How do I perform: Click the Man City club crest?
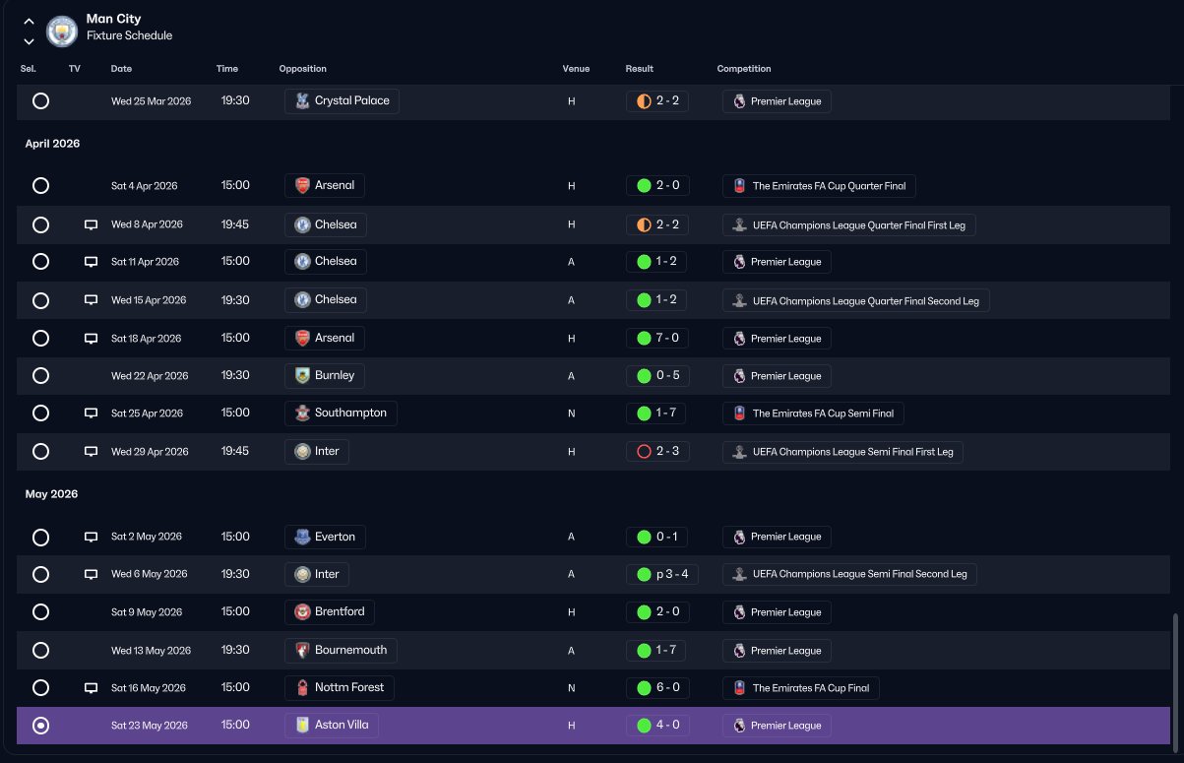coord(62,31)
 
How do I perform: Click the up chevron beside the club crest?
coord(30,22)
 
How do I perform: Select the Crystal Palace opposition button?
coord(342,101)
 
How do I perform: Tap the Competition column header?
coord(744,69)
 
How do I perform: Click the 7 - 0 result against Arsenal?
coord(657,338)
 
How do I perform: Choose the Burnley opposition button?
coord(325,375)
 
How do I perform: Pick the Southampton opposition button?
coord(341,413)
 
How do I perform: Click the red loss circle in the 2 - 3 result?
coord(644,452)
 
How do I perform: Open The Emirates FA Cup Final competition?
coord(801,688)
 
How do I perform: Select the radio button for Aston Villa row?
coord(40,726)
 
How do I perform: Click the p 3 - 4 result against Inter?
coord(662,574)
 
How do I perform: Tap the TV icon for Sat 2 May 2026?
coord(91,538)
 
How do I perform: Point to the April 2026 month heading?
coord(52,144)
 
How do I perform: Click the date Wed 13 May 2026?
coord(151,651)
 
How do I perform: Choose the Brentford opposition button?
coord(330,611)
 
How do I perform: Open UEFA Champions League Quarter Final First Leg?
coord(849,225)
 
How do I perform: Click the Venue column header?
coord(576,69)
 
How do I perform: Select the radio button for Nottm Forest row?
coord(40,688)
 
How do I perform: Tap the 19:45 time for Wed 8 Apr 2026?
coord(235,224)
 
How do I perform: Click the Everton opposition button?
coord(325,537)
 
